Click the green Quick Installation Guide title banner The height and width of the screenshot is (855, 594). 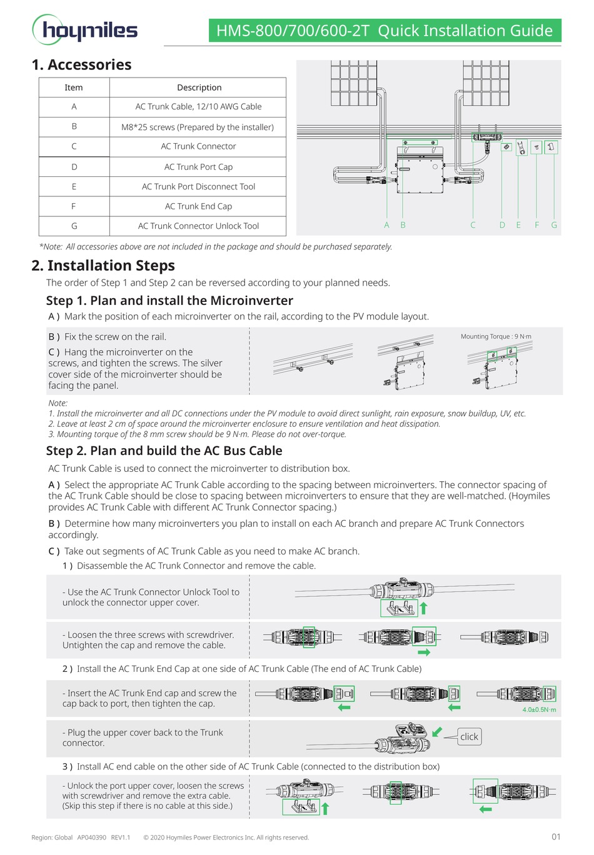384,31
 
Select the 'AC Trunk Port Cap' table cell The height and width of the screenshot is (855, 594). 198,167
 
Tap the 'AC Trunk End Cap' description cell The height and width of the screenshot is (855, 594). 198,206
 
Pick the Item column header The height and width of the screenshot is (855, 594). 74,87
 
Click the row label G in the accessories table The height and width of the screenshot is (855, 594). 74,226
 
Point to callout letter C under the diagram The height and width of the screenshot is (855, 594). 473,225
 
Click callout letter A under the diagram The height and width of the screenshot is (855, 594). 386,225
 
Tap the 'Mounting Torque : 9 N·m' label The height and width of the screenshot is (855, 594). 496,336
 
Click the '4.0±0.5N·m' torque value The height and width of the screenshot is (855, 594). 539,709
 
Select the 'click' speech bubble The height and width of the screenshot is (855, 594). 469,737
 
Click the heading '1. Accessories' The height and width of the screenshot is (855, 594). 81,65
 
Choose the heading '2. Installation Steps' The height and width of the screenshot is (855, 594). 103,266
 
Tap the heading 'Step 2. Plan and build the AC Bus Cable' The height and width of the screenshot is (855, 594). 164,451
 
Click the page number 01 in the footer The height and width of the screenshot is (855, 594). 556,837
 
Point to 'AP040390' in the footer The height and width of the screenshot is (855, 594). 91,837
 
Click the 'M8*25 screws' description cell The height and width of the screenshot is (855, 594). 198,127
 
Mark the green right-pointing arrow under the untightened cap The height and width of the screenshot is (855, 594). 424,652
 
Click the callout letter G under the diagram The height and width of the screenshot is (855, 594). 554,225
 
